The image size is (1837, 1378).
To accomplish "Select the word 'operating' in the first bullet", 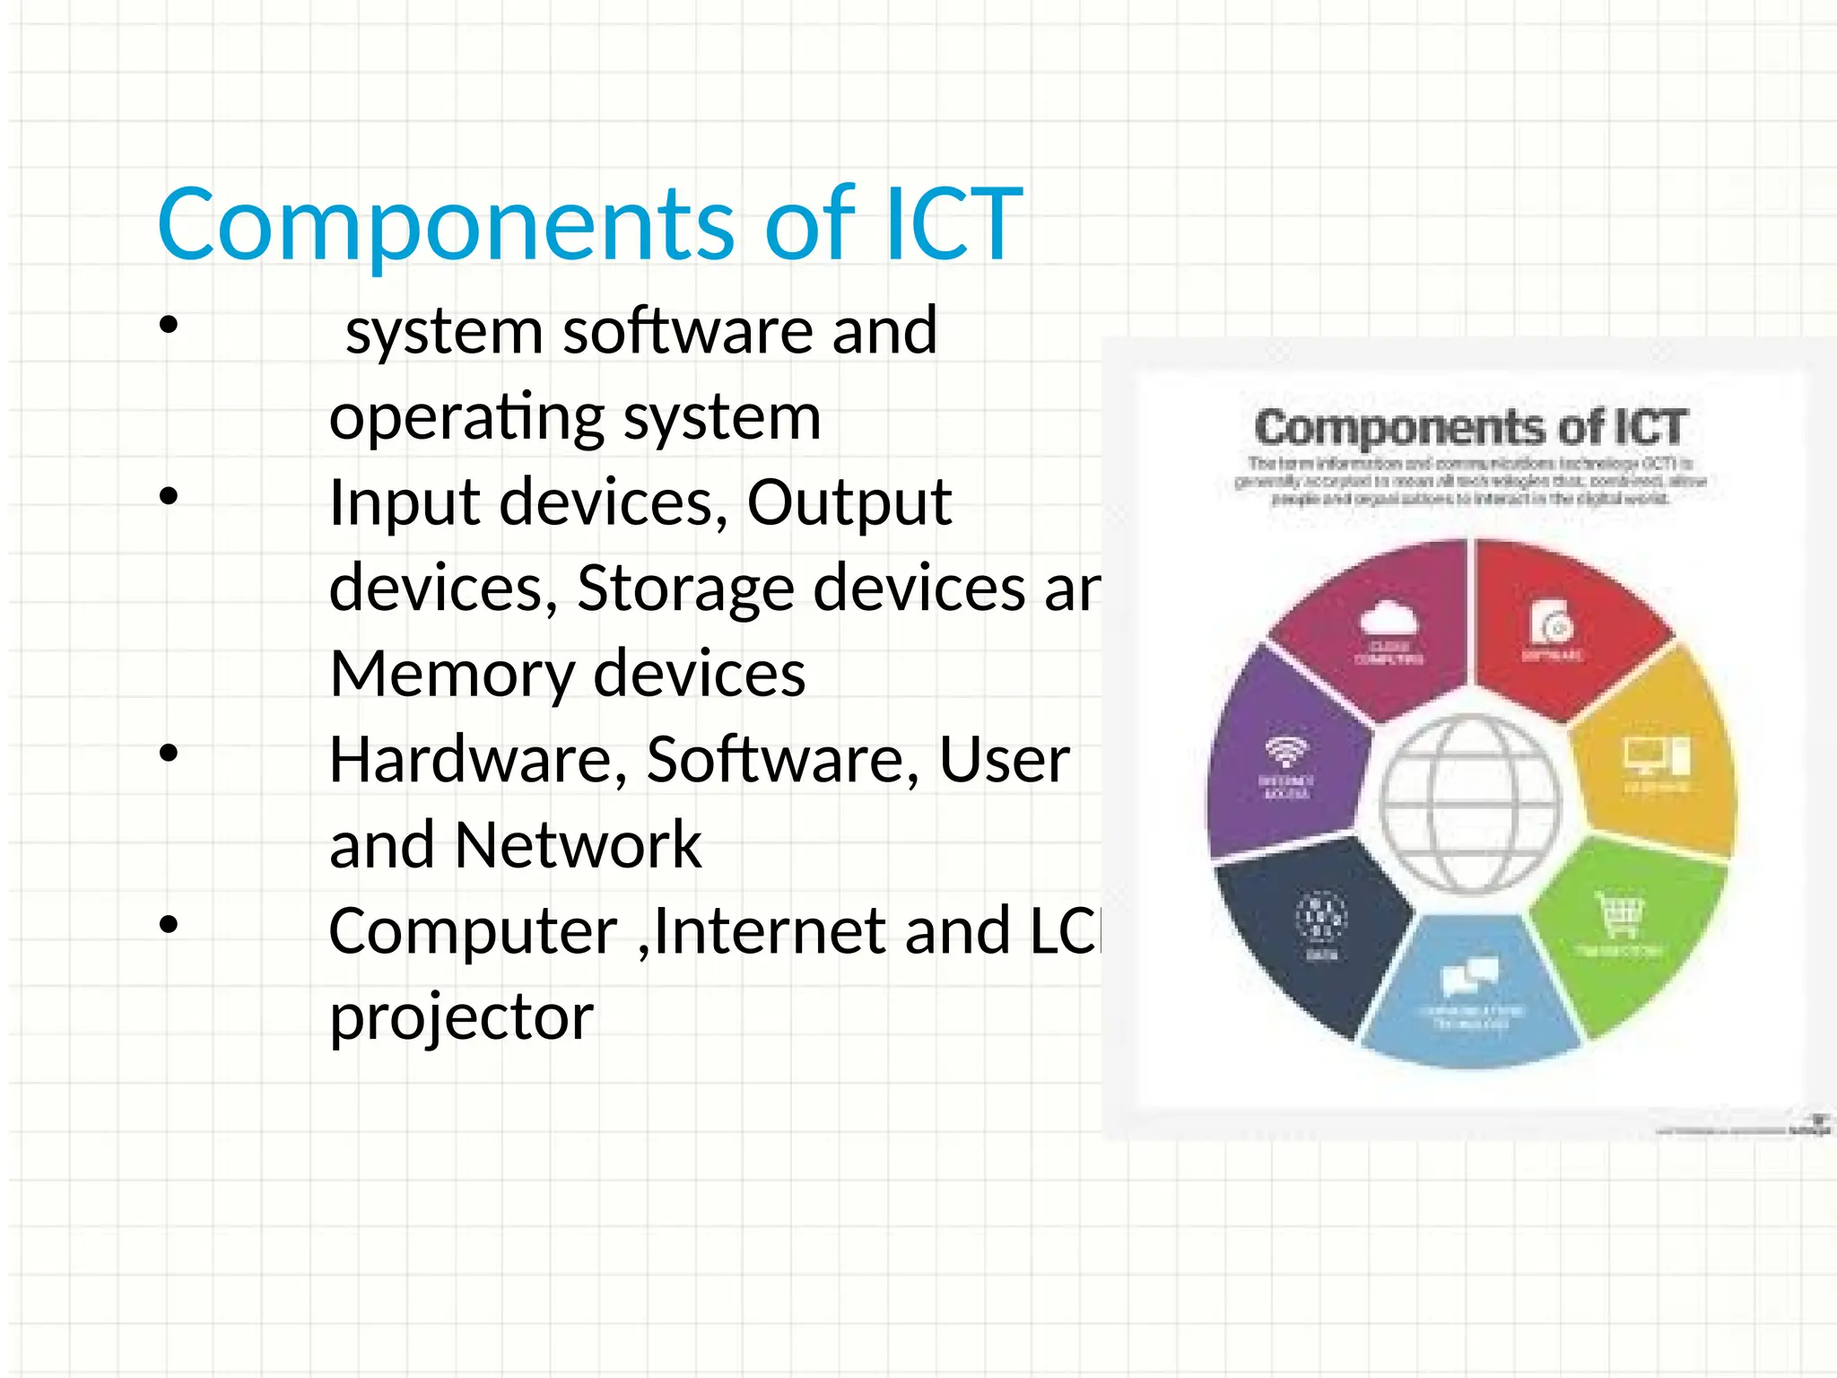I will coord(466,418).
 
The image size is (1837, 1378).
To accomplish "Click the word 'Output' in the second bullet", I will coord(849,502).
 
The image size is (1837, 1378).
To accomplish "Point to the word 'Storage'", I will coord(685,589).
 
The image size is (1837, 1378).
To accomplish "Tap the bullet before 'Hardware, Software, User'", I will coord(169,754).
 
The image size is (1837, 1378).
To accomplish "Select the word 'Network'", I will coord(578,845).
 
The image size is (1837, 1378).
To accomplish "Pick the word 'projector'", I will coord(461,1017).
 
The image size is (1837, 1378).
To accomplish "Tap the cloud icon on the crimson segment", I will coord(1387,619).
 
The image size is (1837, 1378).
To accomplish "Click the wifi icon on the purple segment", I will coord(1286,751).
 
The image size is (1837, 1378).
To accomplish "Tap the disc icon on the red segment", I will coord(1552,622).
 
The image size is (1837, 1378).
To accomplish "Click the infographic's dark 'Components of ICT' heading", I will coord(1471,428).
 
